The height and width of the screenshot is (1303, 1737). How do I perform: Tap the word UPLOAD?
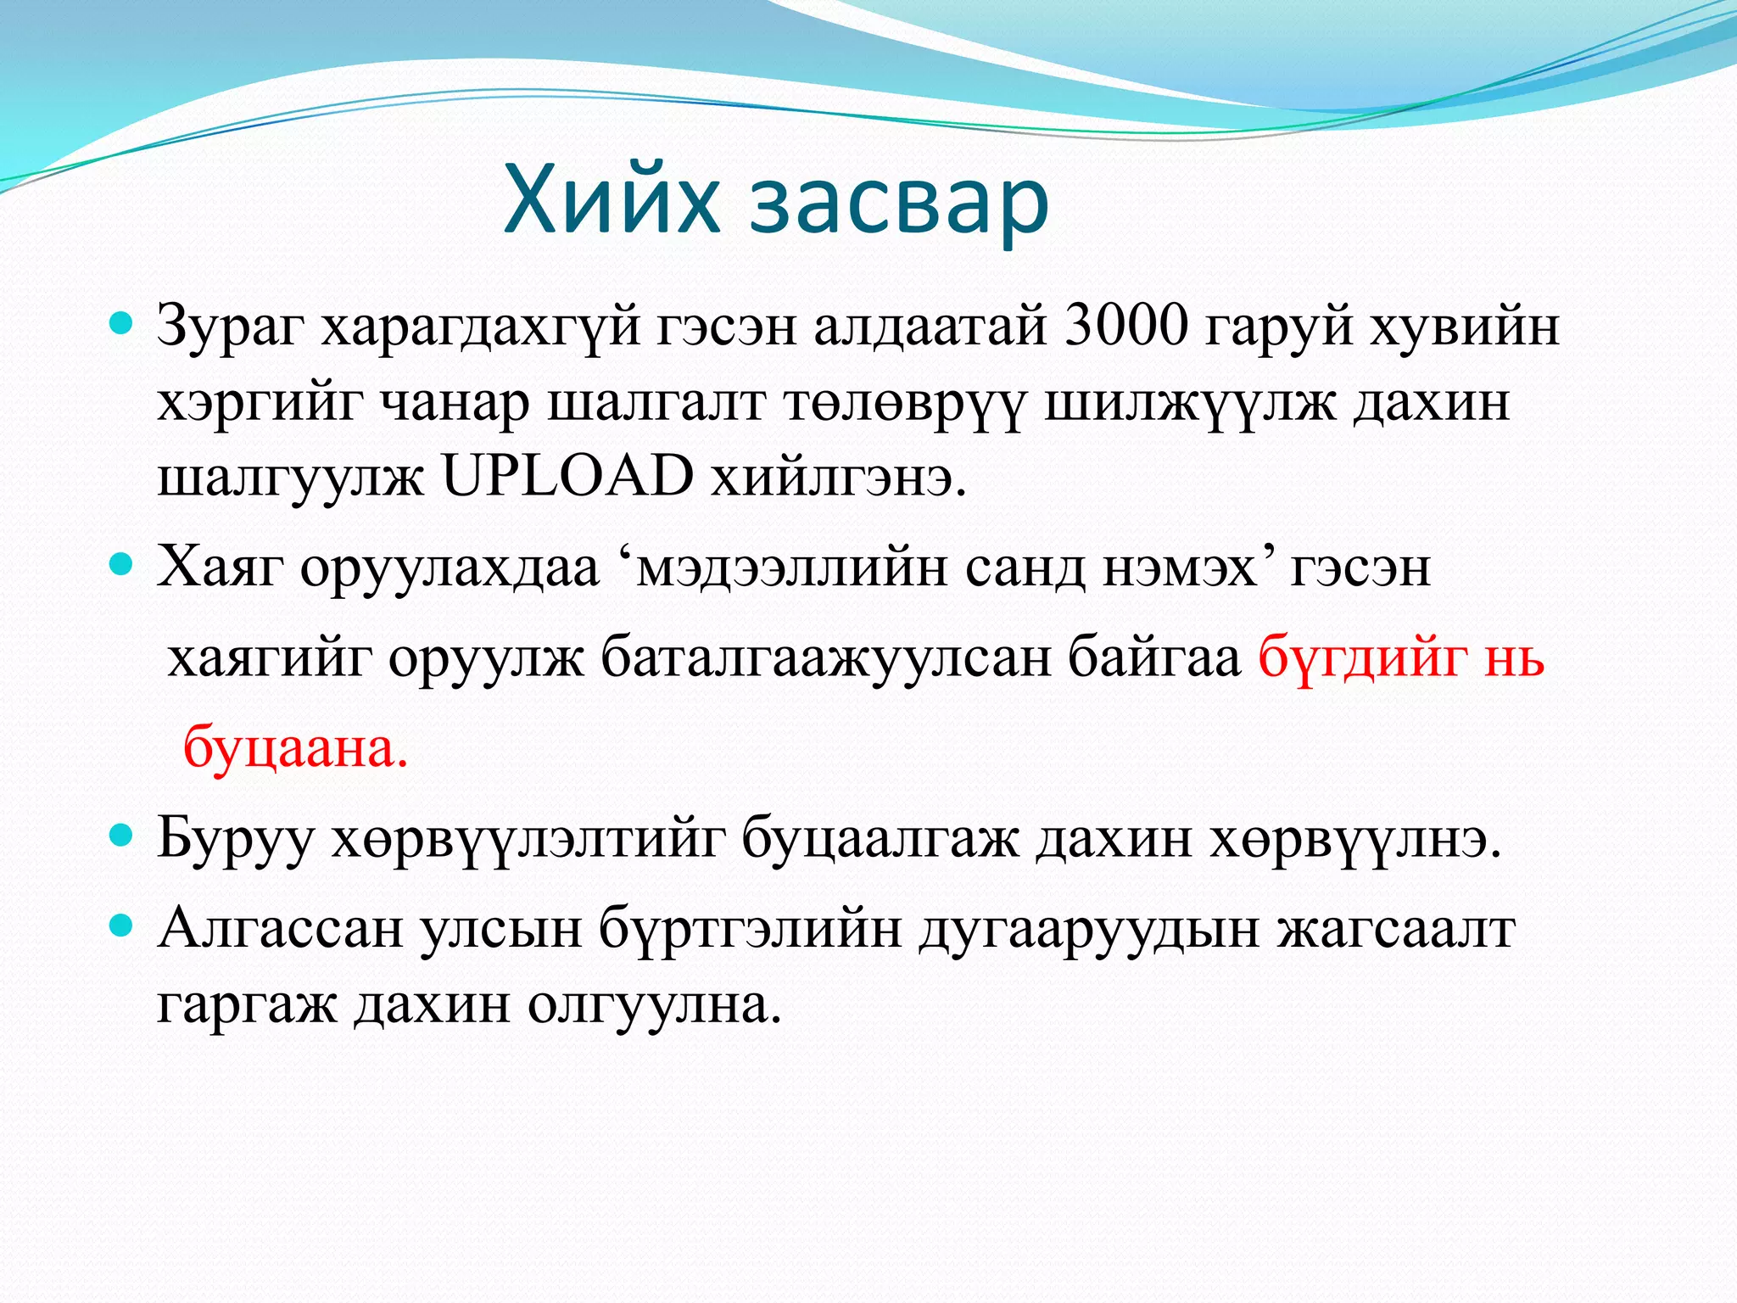coord(567,476)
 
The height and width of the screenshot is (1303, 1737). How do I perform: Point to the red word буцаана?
coord(296,747)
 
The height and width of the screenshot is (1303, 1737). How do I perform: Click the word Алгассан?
coord(280,928)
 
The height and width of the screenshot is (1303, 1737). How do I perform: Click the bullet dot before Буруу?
coord(123,836)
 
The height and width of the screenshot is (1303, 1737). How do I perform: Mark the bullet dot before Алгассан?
coord(123,925)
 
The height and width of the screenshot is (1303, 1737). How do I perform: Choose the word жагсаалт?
coord(1396,928)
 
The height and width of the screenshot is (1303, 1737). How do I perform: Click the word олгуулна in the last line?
coord(654,1004)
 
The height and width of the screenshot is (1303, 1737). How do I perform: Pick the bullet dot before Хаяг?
coord(123,564)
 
